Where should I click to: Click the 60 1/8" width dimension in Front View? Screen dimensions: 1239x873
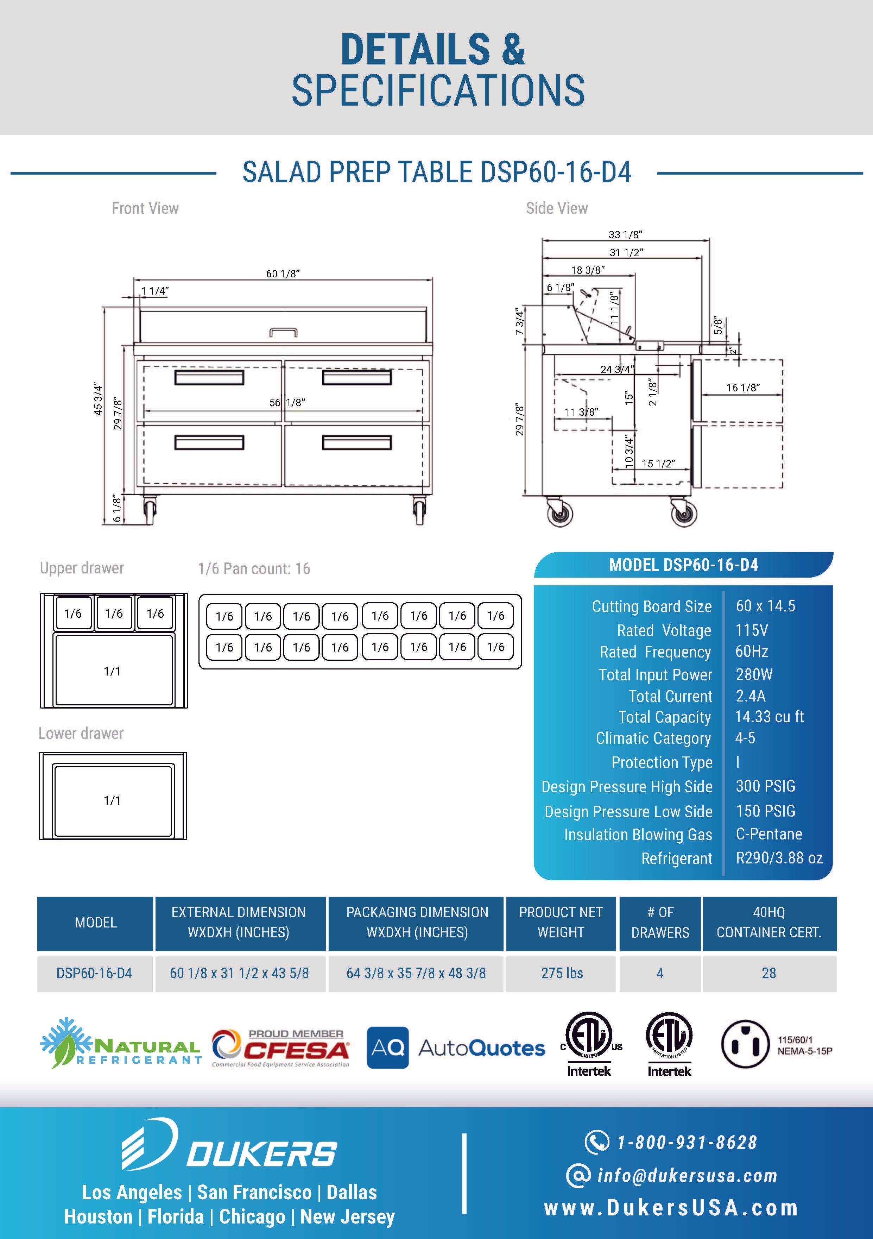pyautogui.click(x=282, y=273)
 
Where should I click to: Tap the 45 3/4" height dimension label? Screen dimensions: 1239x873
pyautogui.click(x=98, y=399)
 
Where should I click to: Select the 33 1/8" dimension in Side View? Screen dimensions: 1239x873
pyautogui.click(x=625, y=235)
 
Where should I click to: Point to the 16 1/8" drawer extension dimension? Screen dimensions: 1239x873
pyautogui.click(x=743, y=388)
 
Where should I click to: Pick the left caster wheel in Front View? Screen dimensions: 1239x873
pyautogui.click(x=150, y=508)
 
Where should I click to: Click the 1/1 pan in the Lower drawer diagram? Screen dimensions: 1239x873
pyautogui.click(x=113, y=800)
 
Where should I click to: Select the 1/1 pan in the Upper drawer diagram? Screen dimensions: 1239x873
pyautogui.click(x=113, y=671)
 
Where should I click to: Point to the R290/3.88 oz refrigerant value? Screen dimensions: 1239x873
pyautogui.click(x=779, y=858)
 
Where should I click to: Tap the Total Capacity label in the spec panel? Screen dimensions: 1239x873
pyautogui.click(x=664, y=717)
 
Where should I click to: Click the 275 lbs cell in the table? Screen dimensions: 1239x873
pyautogui.click(x=562, y=973)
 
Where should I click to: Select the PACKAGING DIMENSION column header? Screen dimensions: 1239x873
pyautogui.click(x=417, y=922)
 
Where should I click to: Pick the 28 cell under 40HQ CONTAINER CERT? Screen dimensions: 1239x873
pyautogui.click(x=768, y=973)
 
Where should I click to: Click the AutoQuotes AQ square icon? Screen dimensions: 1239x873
pyautogui.click(x=387, y=1048)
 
